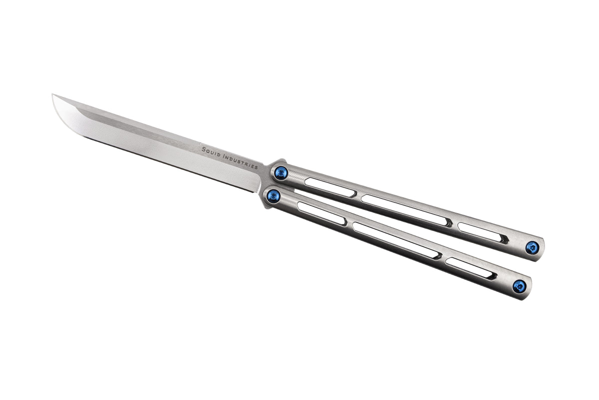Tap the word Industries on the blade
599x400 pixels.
point(241,161)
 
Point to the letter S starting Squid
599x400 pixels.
point(204,149)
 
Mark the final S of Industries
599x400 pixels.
point(256,167)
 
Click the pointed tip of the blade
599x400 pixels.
point(52,94)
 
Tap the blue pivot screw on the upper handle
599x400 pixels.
point(280,173)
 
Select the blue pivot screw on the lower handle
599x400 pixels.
point(273,195)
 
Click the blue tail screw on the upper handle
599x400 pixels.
point(532,247)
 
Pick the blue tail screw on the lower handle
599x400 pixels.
point(519,286)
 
